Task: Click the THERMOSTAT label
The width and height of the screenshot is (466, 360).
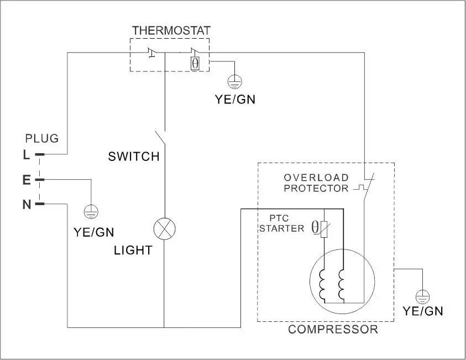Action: pyautogui.click(x=171, y=30)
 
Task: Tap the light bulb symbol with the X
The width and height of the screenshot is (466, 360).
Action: pyautogui.click(x=164, y=228)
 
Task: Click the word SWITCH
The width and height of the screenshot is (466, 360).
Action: pyautogui.click(x=134, y=156)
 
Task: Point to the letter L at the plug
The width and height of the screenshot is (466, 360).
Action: pyautogui.click(x=26, y=155)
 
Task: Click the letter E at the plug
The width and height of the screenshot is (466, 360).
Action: pyautogui.click(x=26, y=180)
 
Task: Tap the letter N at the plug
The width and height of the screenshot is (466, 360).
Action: pyautogui.click(x=26, y=205)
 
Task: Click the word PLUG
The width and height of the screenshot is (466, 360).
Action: pyautogui.click(x=42, y=138)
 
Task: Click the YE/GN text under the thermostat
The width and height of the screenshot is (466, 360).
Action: pyautogui.click(x=235, y=100)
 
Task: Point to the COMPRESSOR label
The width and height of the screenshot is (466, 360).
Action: pyautogui.click(x=333, y=330)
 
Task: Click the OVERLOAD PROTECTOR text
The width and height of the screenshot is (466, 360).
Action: pyautogui.click(x=316, y=183)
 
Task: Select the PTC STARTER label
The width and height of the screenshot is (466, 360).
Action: pyautogui.click(x=282, y=223)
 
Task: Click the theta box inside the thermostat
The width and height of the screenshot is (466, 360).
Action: pyautogui.click(x=195, y=62)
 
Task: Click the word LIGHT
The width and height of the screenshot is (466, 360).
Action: pyautogui.click(x=133, y=251)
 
